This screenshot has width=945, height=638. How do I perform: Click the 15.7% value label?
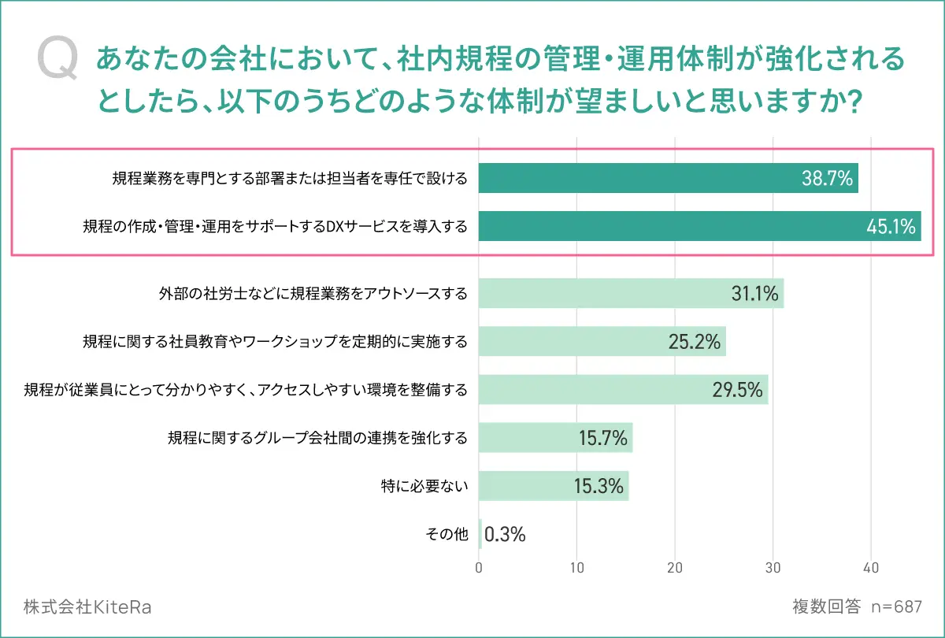coord(601,438)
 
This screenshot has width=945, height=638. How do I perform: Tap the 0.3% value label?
coord(505,534)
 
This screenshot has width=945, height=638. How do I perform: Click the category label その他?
coord(447,534)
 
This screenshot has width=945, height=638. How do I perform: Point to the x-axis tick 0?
coord(479,567)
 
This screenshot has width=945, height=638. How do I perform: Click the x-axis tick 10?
coord(577,567)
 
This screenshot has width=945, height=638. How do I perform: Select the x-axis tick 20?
coord(675,567)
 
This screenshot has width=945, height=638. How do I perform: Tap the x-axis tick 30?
coord(773,567)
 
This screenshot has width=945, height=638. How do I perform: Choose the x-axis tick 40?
coord(871,567)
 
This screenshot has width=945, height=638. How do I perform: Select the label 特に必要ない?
coord(424,486)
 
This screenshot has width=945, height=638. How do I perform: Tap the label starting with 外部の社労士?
coord(313,294)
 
